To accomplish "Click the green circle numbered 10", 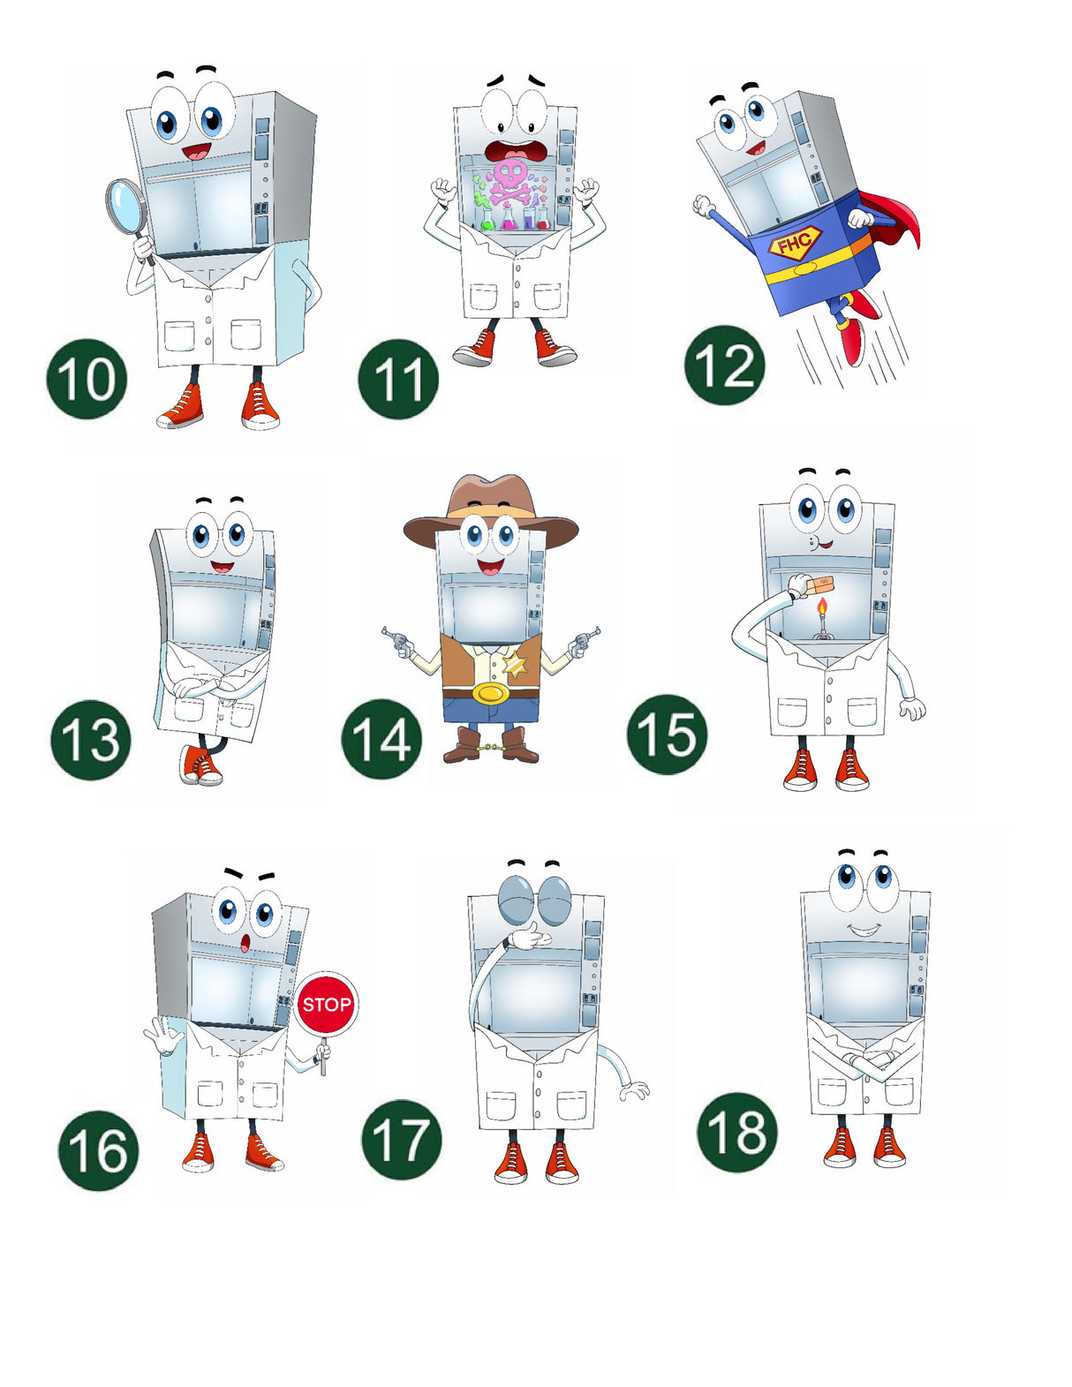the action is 87,379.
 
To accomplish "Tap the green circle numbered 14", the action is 381,738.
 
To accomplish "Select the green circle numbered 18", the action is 737,1133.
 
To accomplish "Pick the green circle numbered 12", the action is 724,366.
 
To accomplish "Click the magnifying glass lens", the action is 125,206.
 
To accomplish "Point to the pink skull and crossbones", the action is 510,183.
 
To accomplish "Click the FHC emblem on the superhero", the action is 795,242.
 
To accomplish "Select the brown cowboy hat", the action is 491,510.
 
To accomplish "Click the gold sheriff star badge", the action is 515,666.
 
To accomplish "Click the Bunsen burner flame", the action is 822,607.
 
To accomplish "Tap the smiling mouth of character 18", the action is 864,930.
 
